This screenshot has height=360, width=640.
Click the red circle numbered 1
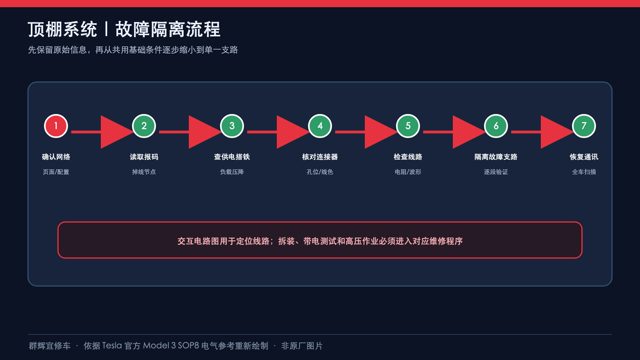56,126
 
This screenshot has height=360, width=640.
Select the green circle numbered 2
144,126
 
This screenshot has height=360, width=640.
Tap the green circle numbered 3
232,126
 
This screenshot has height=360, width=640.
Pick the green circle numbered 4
320,126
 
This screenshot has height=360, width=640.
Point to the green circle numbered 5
408,126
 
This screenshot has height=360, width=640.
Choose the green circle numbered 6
496,126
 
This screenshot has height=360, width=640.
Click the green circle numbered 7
584,126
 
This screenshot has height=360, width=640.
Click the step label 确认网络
56,157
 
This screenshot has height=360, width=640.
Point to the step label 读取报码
144,157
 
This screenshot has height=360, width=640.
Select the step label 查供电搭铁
232,157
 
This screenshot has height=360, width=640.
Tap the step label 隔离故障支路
496,157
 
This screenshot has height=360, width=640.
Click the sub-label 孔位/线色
320,172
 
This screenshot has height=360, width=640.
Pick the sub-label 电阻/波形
408,172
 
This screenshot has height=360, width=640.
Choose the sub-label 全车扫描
584,172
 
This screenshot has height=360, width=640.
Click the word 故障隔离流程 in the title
168,29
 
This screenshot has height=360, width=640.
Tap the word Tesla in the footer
112,346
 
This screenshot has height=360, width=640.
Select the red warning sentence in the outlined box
320,241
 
